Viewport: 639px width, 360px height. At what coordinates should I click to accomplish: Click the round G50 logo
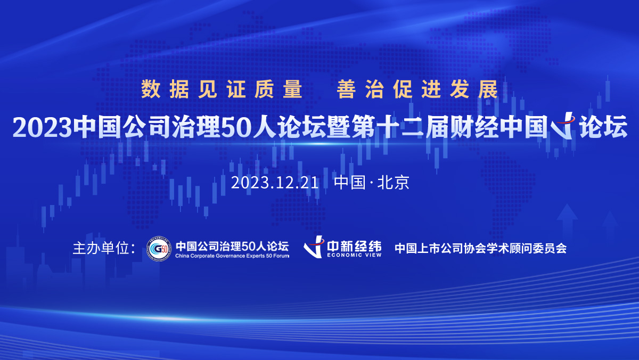(x=159, y=249)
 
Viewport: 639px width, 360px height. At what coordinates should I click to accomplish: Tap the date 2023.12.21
(x=275, y=183)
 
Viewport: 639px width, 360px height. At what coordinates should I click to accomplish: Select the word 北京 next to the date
(x=394, y=183)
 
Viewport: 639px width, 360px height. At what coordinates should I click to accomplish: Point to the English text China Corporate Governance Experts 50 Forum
(x=232, y=256)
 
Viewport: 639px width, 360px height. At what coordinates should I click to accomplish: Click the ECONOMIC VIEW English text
(x=354, y=255)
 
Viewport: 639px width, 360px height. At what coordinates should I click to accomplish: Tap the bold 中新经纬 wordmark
(x=354, y=246)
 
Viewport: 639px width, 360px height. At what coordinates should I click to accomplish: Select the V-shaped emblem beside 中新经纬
(x=314, y=247)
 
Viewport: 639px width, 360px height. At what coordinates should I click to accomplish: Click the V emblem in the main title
(x=562, y=126)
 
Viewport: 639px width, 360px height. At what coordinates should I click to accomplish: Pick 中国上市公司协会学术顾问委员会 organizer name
(x=481, y=249)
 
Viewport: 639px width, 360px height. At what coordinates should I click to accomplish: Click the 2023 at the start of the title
(x=42, y=127)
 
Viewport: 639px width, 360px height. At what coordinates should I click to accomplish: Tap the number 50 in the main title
(x=235, y=127)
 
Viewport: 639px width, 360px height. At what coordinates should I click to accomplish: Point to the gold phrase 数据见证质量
(x=222, y=89)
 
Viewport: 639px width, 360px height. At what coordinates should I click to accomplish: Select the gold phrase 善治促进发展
(x=417, y=89)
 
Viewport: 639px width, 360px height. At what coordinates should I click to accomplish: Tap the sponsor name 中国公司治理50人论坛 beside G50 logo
(x=232, y=246)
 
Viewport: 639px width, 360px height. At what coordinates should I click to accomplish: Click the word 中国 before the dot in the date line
(x=350, y=183)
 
